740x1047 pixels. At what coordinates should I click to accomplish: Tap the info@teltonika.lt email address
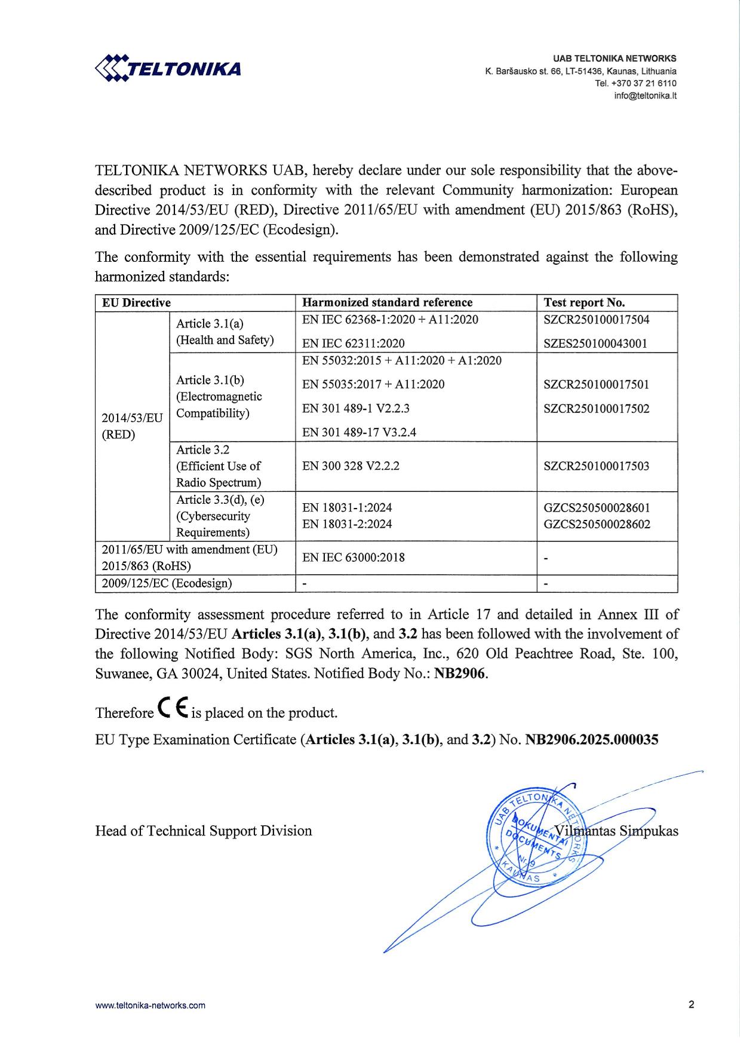[645, 96]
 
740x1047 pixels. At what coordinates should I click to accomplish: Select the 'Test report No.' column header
[584, 302]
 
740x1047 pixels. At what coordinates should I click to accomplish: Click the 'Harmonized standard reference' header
[387, 302]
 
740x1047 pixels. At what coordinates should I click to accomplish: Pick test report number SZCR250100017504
[596, 319]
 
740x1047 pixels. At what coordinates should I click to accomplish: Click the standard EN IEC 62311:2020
[353, 343]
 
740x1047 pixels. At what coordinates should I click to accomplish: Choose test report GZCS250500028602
[597, 525]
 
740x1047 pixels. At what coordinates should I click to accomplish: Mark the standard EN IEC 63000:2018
[353, 558]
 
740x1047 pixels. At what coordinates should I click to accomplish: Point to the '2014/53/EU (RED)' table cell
[132, 426]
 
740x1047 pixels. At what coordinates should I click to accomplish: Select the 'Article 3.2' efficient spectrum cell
[219, 466]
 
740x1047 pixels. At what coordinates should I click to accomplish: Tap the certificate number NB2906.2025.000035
[591, 740]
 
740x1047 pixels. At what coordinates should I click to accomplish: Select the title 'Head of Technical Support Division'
[203, 831]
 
